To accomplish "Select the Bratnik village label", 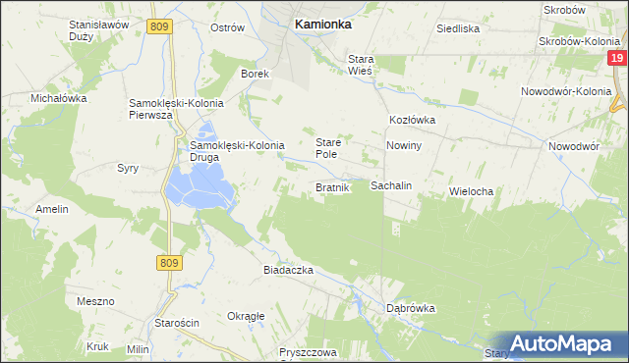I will (332, 186).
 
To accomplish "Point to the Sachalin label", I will (390, 185).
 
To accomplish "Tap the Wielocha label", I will (470, 191).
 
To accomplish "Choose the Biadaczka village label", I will (287, 269).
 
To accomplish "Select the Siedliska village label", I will (458, 28).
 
